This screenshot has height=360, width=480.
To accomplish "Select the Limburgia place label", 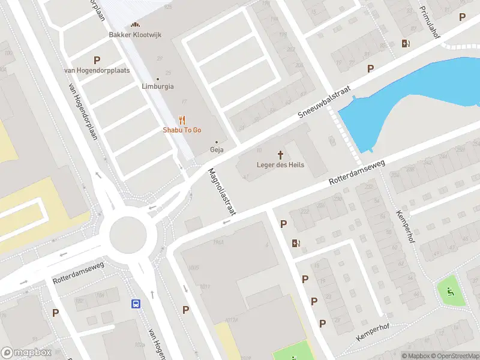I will pyautogui.click(x=158, y=86).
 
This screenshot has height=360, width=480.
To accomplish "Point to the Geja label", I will pyautogui.click(x=216, y=149).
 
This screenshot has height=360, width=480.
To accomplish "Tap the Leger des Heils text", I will pyautogui.click(x=280, y=165).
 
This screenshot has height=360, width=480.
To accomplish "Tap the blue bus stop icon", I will pyautogui.click(x=136, y=304).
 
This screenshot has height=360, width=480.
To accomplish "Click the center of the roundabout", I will pyautogui.click(x=127, y=233).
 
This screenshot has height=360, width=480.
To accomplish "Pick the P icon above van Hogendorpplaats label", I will pyautogui.click(x=97, y=59).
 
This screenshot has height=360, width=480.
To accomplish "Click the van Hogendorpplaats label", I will pyautogui.click(x=97, y=70).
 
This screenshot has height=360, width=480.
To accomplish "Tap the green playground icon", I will pyautogui.click(x=450, y=292).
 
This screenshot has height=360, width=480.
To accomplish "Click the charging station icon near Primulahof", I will pyautogui.click(x=406, y=43).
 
